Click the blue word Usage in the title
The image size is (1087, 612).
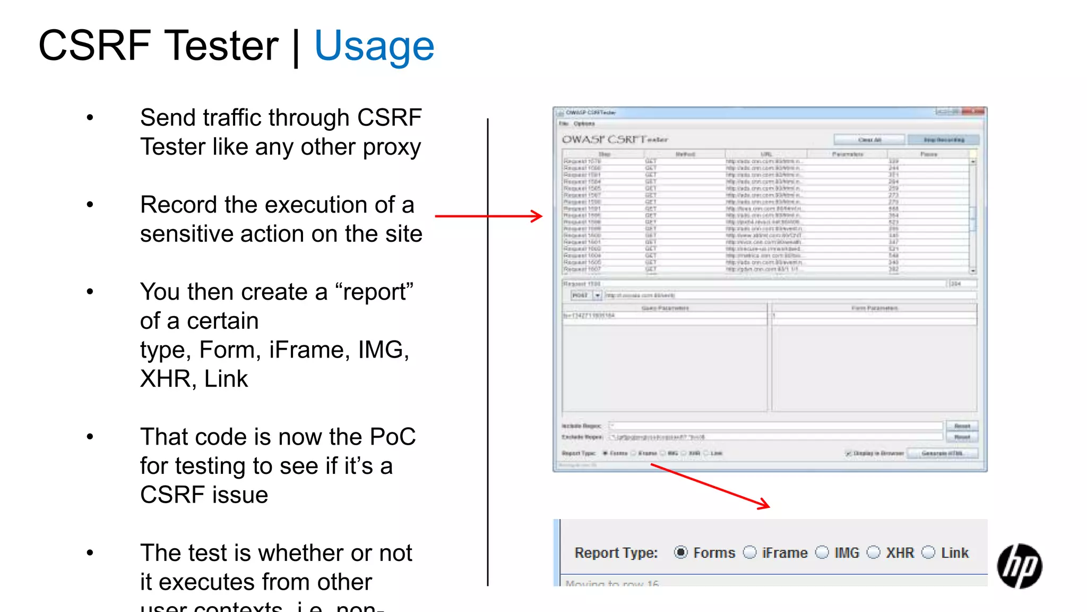click(374, 46)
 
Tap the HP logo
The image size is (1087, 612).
click(1019, 566)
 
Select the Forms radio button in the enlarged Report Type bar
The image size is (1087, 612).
click(680, 552)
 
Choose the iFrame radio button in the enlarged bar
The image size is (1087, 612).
click(749, 552)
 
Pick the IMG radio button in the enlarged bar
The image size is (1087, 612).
click(822, 552)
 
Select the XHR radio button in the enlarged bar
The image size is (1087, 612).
click(873, 552)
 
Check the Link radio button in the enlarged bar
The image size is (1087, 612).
click(928, 552)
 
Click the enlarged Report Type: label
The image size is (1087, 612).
click(616, 553)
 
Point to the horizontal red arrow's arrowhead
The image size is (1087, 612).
click(537, 216)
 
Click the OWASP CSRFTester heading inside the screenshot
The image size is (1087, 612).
click(615, 140)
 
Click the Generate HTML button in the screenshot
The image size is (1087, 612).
click(942, 453)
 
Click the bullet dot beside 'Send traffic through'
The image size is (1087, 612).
click(90, 118)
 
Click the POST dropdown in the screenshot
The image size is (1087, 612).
click(586, 295)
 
